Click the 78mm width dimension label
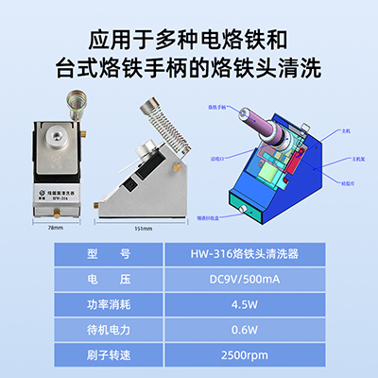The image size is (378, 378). pyautogui.click(x=59, y=227)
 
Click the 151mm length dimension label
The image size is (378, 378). pyautogui.click(x=156, y=227)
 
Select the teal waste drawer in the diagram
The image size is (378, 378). pyautogui.click(x=254, y=207)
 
